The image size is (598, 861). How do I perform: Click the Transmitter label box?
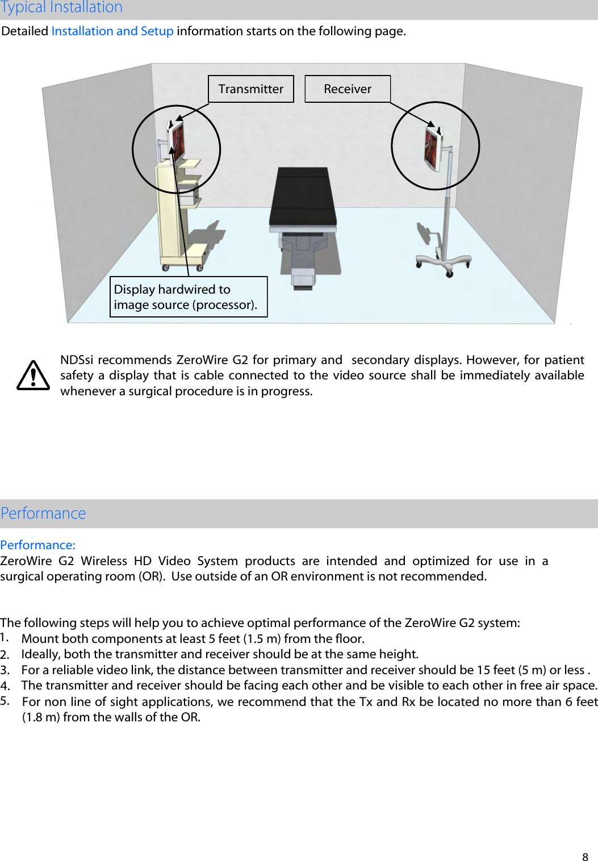[250, 89]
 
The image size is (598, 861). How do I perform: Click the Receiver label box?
[347, 89]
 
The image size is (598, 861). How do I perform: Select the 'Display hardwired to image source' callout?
[188, 297]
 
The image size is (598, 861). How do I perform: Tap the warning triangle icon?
[33, 375]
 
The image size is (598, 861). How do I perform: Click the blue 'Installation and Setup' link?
[112, 31]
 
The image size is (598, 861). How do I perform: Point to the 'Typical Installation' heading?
[61, 7]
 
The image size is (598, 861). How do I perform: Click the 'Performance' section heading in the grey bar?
[43, 513]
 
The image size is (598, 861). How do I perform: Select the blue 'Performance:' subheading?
[37, 545]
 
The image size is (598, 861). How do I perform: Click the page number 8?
[585, 857]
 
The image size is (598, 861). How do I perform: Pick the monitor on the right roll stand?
[432, 147]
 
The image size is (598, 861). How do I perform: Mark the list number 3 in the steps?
[5, 670]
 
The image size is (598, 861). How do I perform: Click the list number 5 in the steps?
[5, 701]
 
